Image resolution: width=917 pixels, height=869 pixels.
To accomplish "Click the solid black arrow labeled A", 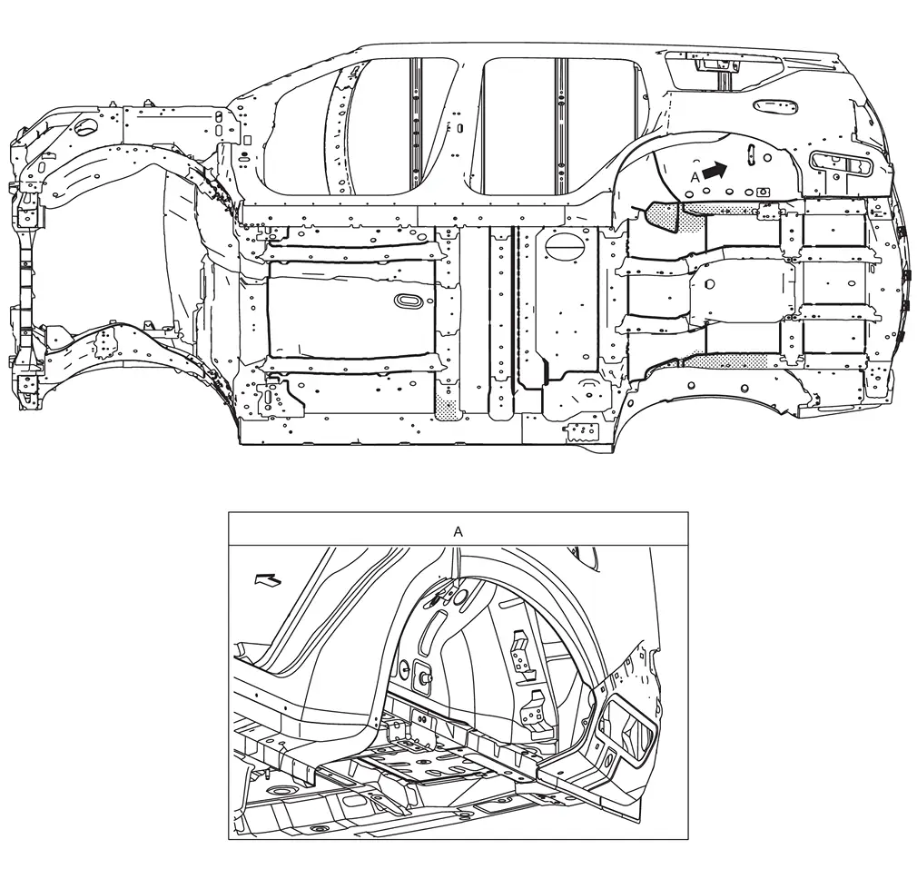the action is [x=715, y=171].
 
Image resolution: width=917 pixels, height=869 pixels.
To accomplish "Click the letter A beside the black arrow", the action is [x=695, y=176].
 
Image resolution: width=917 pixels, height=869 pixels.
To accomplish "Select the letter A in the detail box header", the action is [x=458, y=531].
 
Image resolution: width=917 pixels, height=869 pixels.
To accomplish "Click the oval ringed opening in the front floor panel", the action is [x=409, y=300].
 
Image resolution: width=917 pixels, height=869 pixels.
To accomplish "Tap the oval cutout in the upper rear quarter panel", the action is [x=775, y=106].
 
